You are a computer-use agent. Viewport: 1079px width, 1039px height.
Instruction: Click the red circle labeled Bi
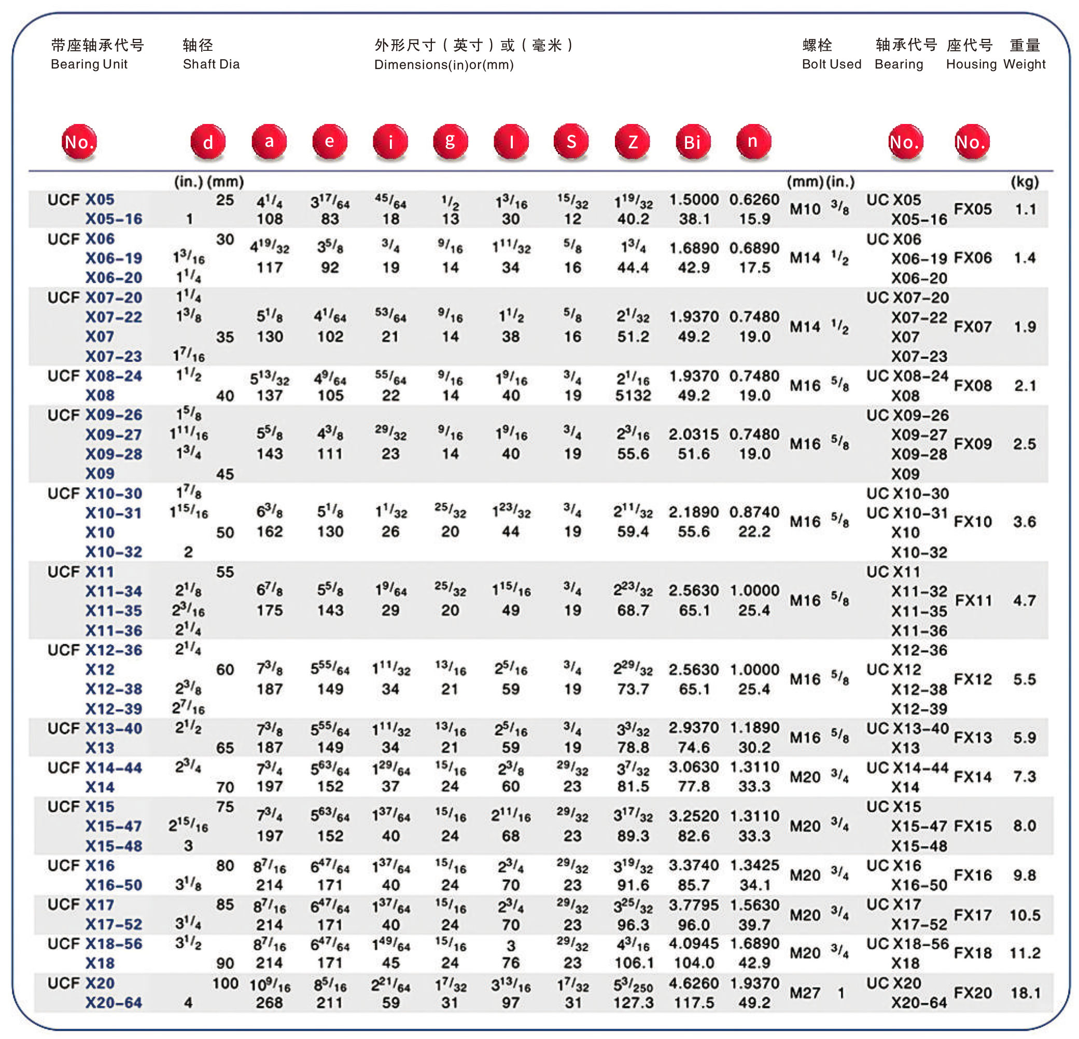tap(693, 142)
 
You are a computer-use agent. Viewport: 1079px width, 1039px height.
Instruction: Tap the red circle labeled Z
tap(632, 142)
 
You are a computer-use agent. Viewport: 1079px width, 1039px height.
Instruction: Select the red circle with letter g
tap(450, 142)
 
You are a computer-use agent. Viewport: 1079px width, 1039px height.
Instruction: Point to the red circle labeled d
tap(208, 142)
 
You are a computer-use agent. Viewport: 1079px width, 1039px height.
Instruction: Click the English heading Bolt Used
tap(831, 64)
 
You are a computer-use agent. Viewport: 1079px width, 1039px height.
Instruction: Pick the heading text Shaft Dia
tap(211, 64)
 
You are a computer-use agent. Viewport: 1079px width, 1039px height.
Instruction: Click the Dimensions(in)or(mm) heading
tap(444, 64)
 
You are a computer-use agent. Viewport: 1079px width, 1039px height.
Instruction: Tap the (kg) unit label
tap(1025, 182)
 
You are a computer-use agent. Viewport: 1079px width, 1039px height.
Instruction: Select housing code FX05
tap(972, 209)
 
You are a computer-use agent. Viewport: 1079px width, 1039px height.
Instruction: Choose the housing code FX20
tap(972, 993)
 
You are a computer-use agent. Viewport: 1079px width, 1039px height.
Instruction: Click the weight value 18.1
tap(1025, 993)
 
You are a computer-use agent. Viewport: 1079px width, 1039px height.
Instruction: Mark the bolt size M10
tap(805, 209)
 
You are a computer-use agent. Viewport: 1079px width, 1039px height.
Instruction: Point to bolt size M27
tap(805, 993)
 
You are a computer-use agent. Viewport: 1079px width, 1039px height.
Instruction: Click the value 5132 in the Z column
tap(633, 395)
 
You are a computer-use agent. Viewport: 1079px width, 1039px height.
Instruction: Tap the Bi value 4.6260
tap(694, 983)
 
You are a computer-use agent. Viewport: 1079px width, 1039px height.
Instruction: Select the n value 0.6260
tap(754, 199)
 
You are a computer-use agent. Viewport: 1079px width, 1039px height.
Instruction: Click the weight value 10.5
tap(1025, 915)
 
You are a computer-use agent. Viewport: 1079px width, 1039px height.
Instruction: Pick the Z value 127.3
tap(633, 1003)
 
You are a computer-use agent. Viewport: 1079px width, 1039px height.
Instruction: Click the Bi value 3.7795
tap(694, 905)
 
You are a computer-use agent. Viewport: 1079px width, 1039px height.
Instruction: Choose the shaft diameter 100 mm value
tap(225, 983)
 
